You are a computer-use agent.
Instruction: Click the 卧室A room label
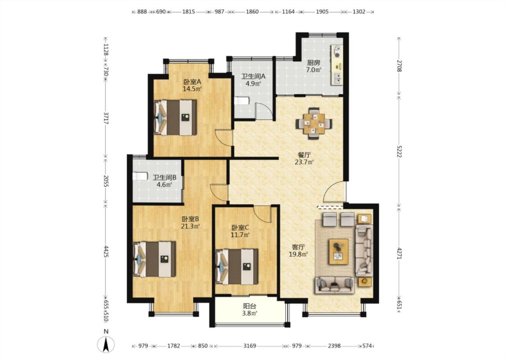point(193,82)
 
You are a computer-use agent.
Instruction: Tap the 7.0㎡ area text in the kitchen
point(313,70)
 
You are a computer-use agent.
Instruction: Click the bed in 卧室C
point(237,266)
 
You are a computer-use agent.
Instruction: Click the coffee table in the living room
point(338,251)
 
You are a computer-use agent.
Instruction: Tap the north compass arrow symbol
point(106,344)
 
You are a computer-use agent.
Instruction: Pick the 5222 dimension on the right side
point(399,150)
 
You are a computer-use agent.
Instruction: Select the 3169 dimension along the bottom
point(250,346)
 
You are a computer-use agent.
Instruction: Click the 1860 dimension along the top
point(252,12)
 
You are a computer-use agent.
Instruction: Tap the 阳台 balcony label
point(250,306)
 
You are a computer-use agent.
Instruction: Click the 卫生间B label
point(164,178)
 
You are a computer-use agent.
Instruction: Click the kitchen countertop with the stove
point(336,65)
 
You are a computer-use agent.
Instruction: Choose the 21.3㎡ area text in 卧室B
point(190,226)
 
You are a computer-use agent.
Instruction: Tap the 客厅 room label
point(298,247)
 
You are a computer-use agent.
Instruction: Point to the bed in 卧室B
point(154,259)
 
